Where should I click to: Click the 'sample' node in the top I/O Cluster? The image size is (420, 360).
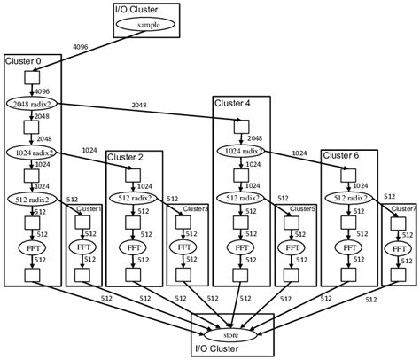[x=149, y=24]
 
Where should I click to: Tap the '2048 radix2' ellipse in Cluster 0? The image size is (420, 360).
[x=33, y=103]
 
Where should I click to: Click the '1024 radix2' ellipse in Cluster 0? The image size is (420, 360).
[x=33, y=152]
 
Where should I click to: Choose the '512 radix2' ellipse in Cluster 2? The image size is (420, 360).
[x=133, y=199]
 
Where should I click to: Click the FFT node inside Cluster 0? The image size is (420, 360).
[x=33, y=247]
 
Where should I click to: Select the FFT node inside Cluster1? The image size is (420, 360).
[x=83, y=247]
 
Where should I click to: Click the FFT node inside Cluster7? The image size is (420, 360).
[x=397, y=247]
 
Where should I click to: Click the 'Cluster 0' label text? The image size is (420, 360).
[x=24, y=61]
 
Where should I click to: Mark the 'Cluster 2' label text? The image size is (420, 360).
[x=125, y=157]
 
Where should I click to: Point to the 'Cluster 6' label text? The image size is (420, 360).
[x=340, y=156]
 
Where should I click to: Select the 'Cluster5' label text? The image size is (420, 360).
[x=303, y=209]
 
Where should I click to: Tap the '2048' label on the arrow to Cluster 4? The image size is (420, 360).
[x=139, y=106]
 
